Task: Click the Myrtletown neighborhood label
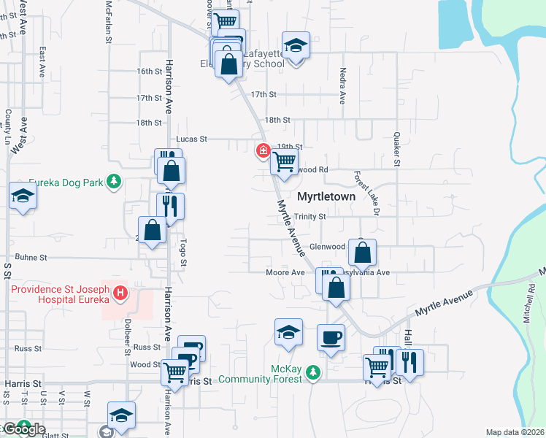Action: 326,197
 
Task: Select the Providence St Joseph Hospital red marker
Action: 121,296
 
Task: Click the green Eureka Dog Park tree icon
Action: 113,181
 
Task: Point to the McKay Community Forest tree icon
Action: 313,373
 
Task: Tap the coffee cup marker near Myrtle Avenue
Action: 331,338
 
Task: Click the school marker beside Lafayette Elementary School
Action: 296,46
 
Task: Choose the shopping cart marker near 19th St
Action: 284,161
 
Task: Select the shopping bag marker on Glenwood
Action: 362,253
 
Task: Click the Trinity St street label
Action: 310,217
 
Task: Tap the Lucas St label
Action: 192,139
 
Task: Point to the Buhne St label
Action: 32,258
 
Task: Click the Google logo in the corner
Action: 23,429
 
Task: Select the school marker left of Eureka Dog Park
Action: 23,197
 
